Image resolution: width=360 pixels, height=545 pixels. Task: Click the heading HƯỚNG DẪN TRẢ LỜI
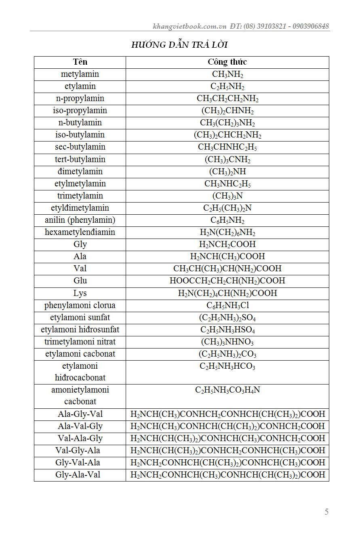[182, 45]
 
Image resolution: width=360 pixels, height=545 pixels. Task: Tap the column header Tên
[80, 62]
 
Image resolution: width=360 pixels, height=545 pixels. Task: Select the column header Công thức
[227, 62]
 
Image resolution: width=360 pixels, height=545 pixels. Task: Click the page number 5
[326, 512]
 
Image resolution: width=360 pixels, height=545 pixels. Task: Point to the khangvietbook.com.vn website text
[189, 26]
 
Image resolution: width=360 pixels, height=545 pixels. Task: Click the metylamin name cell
[80, 74]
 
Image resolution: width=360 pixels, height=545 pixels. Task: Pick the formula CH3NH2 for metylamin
[227, 74]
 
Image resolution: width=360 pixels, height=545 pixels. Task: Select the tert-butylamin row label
[80, 159]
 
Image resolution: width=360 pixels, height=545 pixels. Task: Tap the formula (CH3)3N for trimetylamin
[227, 196]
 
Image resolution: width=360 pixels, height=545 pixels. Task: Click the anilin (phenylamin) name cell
[80, 220]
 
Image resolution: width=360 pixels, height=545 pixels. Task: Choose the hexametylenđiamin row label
[80, 232]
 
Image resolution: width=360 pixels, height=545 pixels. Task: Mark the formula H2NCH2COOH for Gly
[227, 244]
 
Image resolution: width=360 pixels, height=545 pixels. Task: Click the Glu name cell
[80, 281]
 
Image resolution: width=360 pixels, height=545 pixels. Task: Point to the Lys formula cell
[227, 293]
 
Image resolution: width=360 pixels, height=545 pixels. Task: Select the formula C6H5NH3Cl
[227, 305]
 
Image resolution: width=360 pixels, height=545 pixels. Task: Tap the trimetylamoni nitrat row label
[80, 342]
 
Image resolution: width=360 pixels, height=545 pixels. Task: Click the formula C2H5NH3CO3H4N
[227, 390]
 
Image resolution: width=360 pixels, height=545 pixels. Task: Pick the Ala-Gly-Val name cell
[80, 414]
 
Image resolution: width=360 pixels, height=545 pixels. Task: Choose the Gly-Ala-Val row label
[80, 475]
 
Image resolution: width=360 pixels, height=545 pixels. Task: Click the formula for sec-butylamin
[227, 147]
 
